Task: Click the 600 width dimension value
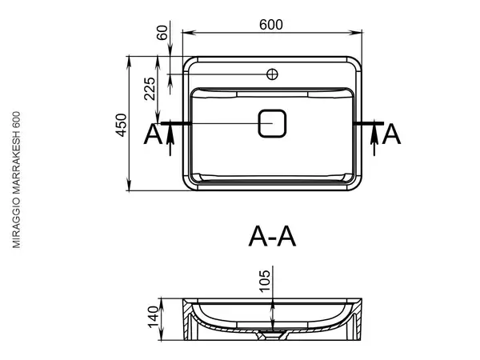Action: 271,25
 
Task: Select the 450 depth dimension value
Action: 122,125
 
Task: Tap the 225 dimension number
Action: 150,89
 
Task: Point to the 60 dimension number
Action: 162,33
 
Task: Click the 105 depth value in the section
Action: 265,282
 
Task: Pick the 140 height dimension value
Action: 154,317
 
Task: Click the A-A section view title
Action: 272,236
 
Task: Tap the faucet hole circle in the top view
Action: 272,74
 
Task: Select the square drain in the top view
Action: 272,123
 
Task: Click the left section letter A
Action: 153,134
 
